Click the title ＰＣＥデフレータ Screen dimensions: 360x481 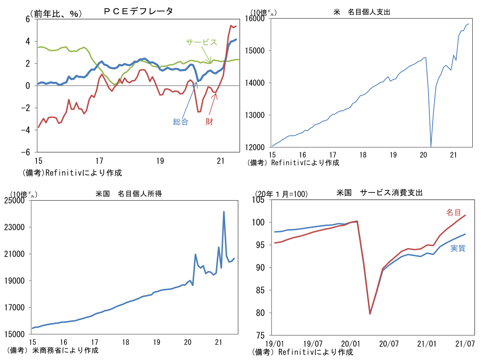click(x=138, y=11)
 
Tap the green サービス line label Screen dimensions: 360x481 click(x=201, y=42)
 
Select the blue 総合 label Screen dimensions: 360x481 click(x=181, y=122)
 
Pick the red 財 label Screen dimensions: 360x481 click(x=209, y=122)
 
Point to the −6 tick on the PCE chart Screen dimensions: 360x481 click(x=26, y=152)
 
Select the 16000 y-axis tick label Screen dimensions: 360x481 click(x=255, y=18)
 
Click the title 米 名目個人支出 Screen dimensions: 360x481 click(x=362, y=12)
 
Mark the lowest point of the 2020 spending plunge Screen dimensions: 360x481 click(x=431, y=146)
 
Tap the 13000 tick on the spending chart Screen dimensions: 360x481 click(x=255, y=115)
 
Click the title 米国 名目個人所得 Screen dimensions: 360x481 click(x=129, y=194)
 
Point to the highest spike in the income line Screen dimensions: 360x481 click(x=224, y=212)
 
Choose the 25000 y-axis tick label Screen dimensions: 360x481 click(x=14, y=200)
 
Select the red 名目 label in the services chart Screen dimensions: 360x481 click(x=454, y=212)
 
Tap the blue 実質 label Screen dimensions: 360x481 click(x=458, y=248)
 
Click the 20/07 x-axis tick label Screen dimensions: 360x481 click(x=389, y=344)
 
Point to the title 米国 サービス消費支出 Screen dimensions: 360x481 click(x=379, y=193)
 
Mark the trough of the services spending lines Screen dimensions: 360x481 click(x=370, y=314)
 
